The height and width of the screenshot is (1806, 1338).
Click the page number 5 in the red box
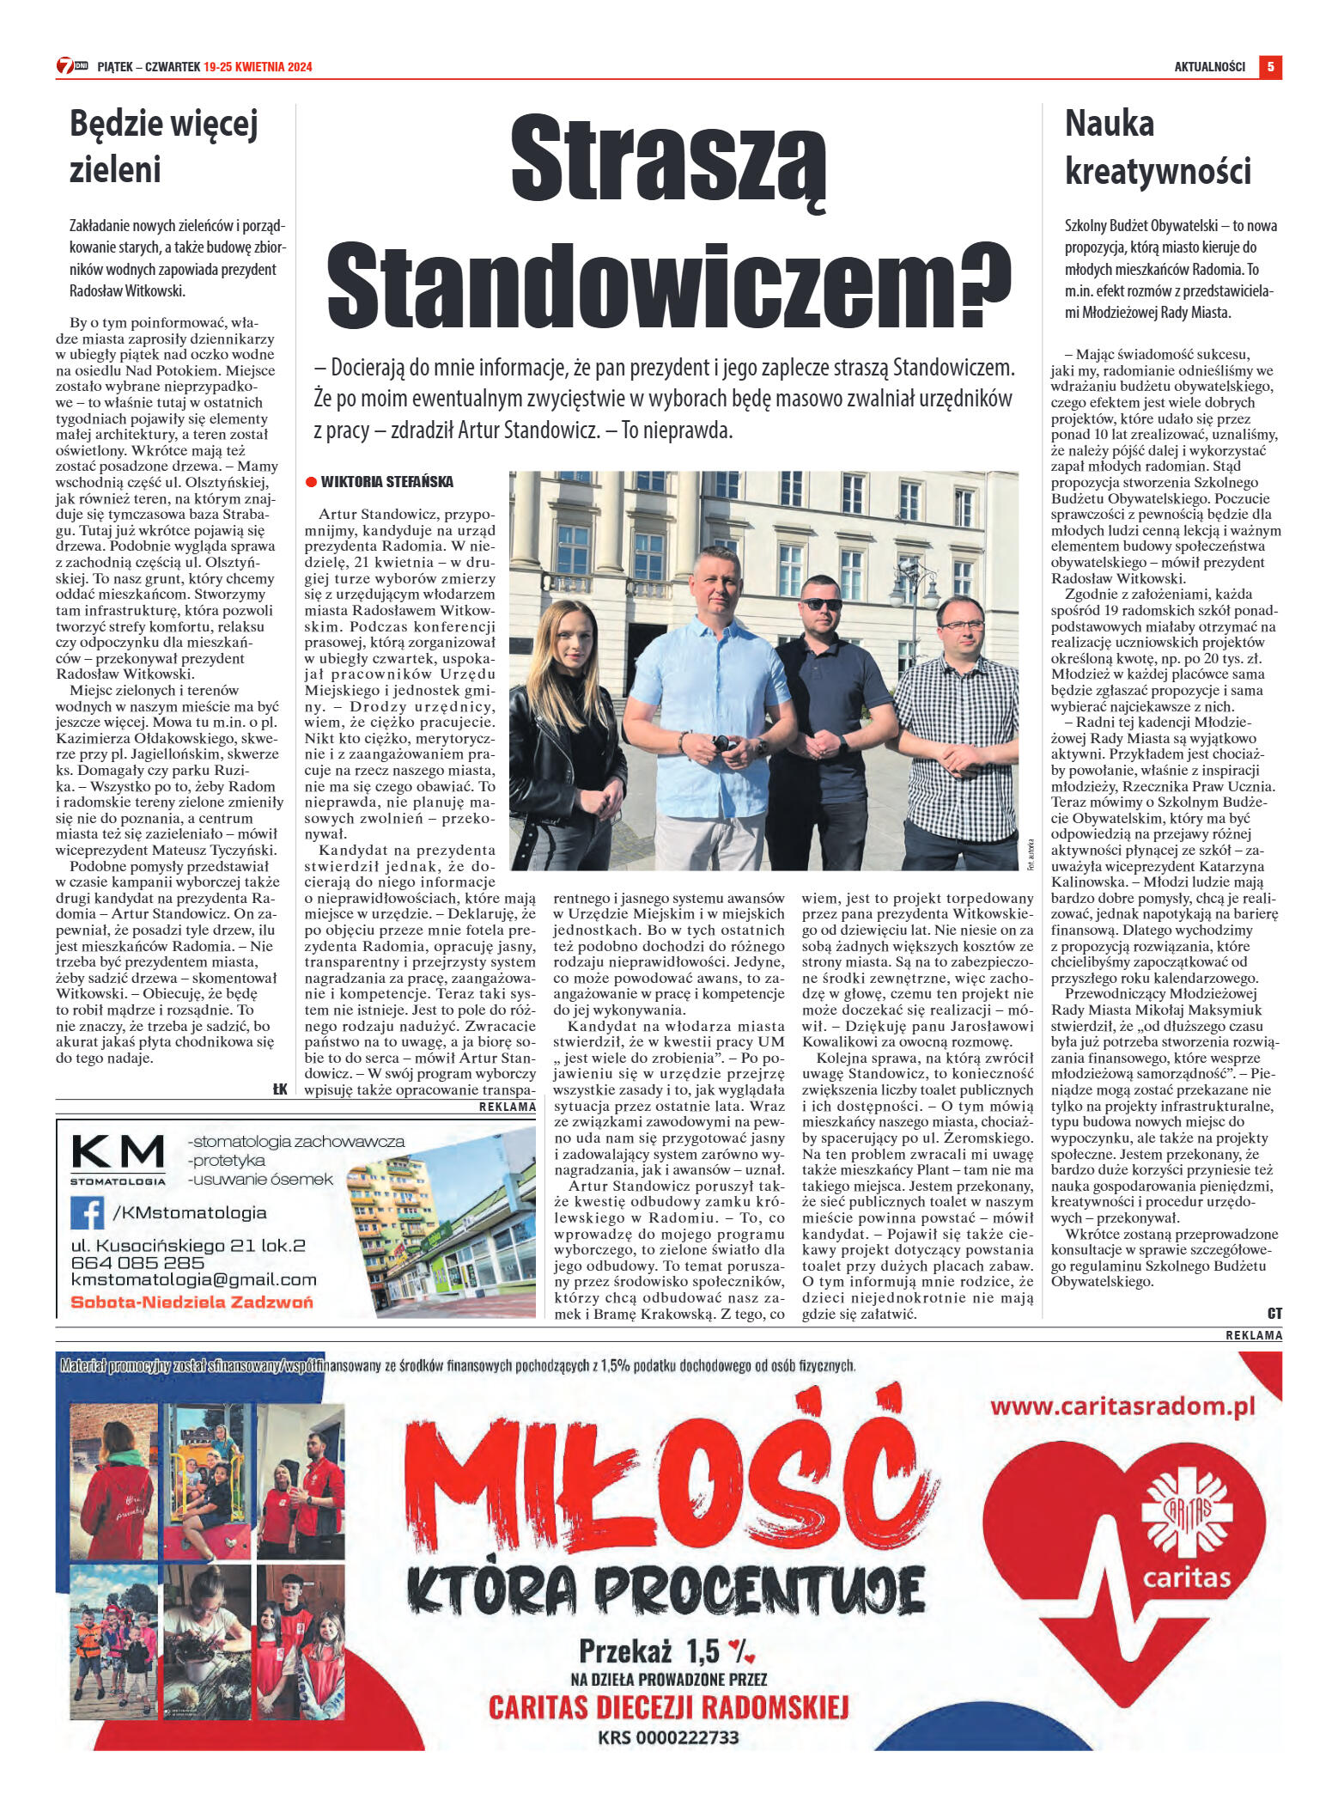(x=1270, y=66)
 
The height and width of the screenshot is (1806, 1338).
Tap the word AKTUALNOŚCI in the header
(x=1209, y=67)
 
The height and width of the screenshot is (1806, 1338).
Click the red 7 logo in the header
(x=65, y=66)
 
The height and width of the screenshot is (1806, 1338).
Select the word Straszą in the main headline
(x=668, y=160)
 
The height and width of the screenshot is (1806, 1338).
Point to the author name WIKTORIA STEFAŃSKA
(x=386, y=482)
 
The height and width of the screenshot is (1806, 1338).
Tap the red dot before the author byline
(x=311, y=482)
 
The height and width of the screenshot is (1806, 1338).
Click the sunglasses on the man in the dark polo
(x=822, y=604)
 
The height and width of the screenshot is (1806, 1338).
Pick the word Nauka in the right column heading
(x=1110, y=124)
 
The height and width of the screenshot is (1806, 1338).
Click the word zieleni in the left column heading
(x=115, y=169)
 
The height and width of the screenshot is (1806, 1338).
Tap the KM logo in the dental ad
(x=118, y=1152)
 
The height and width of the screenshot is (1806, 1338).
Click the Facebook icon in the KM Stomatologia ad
(x=87, y=1213)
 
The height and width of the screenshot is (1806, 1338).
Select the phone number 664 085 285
(x=137, y=1263)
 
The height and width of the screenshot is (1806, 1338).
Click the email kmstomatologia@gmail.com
(x=193, y=1280)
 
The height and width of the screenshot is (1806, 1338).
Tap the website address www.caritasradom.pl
(x=1122, y=1406)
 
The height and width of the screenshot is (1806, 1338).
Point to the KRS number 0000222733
(x=668, y=1736)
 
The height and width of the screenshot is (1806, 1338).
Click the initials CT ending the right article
(x=1274, y=1313)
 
